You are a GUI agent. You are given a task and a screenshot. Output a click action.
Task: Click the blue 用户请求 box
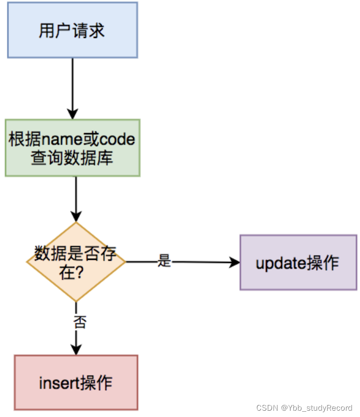72,30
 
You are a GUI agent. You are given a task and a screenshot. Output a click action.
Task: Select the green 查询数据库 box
72,148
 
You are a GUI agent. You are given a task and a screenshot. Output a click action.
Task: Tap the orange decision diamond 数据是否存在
76,261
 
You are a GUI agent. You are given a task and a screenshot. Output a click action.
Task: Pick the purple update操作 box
298,262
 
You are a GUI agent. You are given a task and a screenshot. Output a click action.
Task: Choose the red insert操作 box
76,382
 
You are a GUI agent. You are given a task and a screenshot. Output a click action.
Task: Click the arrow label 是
165,261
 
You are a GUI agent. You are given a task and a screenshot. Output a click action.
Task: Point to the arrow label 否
79,322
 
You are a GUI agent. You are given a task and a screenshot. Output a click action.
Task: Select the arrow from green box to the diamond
76,197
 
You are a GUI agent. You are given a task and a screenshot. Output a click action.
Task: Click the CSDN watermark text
266,408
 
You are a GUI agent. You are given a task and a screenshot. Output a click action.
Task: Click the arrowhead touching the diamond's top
76,216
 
